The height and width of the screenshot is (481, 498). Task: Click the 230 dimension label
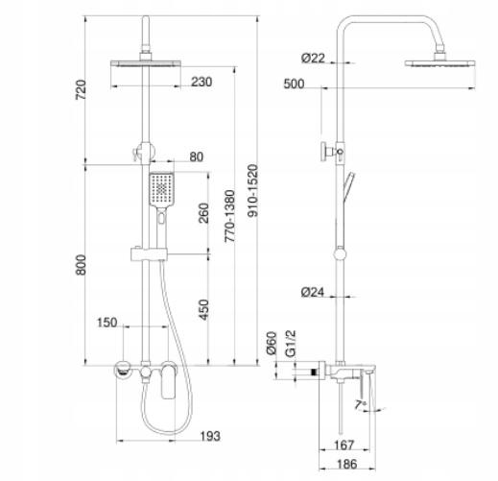coord(202,82)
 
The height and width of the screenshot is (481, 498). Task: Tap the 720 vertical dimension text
coord(81,89)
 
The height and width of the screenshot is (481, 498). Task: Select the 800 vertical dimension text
coord(81,265)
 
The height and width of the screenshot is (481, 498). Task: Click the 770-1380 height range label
coord(229,216)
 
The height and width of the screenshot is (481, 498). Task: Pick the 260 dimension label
coord(203,213)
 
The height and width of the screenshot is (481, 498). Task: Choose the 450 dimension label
coord(203,309)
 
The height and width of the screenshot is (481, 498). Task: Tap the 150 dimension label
coord(107,323)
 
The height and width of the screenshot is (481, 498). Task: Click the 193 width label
coord(210,436)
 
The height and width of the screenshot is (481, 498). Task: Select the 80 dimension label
coord(197,156)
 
